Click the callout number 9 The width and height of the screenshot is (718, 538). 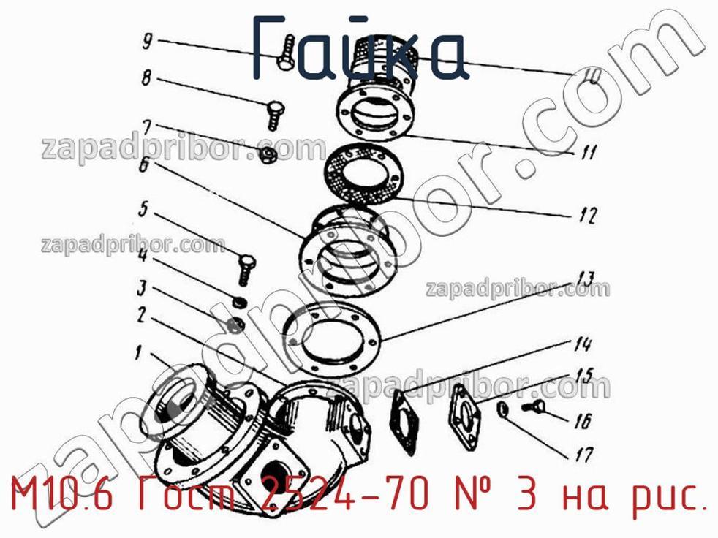point(147,42)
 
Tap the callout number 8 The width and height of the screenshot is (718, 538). point(146,77)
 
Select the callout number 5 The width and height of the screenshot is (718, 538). point(143,209)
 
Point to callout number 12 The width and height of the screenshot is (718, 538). point(588,214)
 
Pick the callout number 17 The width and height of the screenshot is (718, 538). point(584,454)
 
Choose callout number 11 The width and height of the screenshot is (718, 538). point(588,151)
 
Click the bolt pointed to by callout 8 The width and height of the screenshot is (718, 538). point(276,115)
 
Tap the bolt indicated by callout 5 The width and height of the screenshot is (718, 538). point(247,270)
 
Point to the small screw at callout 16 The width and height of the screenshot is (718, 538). point(533,406)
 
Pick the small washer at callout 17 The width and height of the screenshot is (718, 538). point(502,409)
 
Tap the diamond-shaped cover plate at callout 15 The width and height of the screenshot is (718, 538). point(465,417)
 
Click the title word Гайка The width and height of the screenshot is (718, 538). point(360,48)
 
